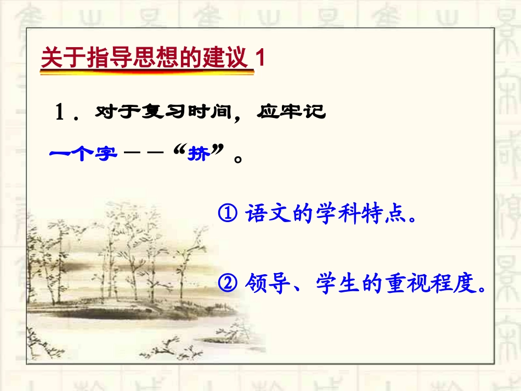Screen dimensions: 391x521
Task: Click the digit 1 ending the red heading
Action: pos(260,59)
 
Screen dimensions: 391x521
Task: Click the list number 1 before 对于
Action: pos(60,113)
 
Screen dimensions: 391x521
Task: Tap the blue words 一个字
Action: pos(83,155)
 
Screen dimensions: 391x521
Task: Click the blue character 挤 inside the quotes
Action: pos(198,155)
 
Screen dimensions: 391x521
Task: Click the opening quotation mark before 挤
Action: pos(179,151)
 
